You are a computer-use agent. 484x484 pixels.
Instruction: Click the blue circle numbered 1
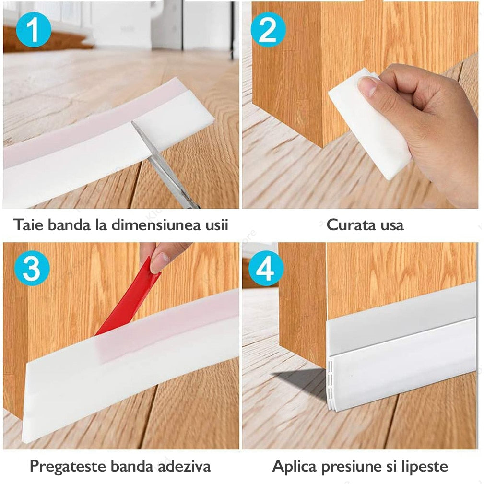click(33, 30)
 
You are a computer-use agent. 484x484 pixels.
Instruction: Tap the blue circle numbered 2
click(268, 30)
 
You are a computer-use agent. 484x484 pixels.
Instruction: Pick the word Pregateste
click(68, 467)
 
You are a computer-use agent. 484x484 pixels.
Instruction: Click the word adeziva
click(185, 466)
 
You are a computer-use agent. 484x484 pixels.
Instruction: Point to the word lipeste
click(425, 467)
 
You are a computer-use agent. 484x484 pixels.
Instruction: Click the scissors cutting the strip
click(165, 164)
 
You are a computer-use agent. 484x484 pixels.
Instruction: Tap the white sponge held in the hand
click(369, 123)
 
